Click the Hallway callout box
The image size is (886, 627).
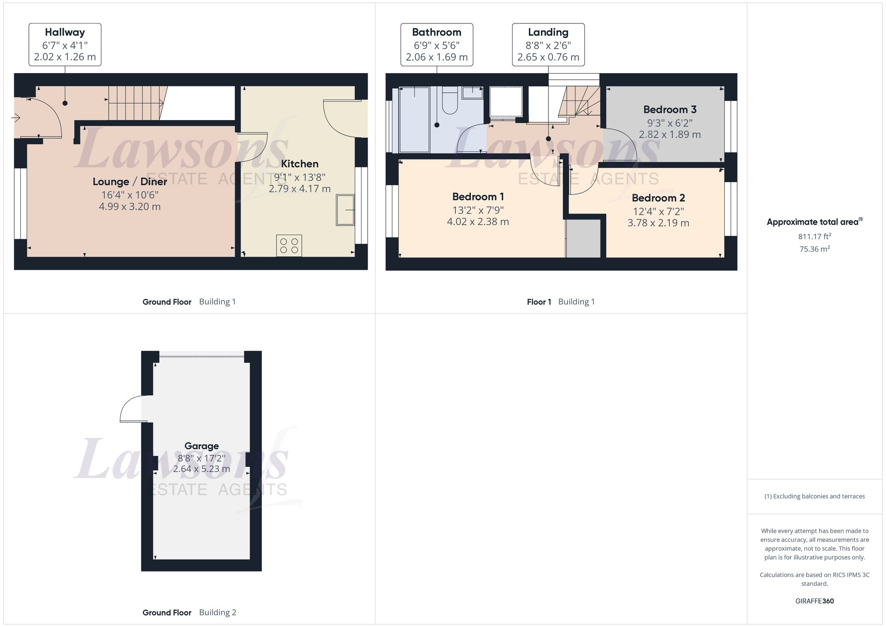pyautogui.click(x=65, y=45)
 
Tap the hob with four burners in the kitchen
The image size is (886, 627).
pyautogui.click(x=289, y=245)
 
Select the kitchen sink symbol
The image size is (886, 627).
pyautogui.click(x=346, y=210)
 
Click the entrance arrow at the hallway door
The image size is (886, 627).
pyautogui.click(x=16, y=118)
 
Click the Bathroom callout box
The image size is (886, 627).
pyautogui.click(x=436, y=45)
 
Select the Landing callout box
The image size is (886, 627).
pyautogui.click(x=548, y=45)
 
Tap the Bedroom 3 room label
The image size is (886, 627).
pyautogui.click(x=669, y=109)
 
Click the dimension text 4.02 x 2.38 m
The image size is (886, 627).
pyautogui.click(x=478, y=222)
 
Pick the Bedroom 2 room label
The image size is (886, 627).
pyautogui.click(x=658, y=198)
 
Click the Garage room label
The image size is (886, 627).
pyautogui.click(x=202, y=446)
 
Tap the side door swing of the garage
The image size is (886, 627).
pyautogui.click(x=132, y=409)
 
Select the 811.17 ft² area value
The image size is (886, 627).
pyautogui.click(x=814, y=237)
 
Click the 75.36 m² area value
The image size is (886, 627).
pyautogui.click(x=814, y=249)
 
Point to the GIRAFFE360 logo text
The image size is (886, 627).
pyautogui.click(x=814, y=601)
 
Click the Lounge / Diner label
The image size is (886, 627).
pyautogui.click(x=130, y=182)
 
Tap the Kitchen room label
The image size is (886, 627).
pyautogui.click(x=299, y=164)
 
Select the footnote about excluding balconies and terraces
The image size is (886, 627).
pyautogui.click(x=814, y=496)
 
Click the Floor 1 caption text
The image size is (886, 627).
pyautogui.click(x=539, y=302)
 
